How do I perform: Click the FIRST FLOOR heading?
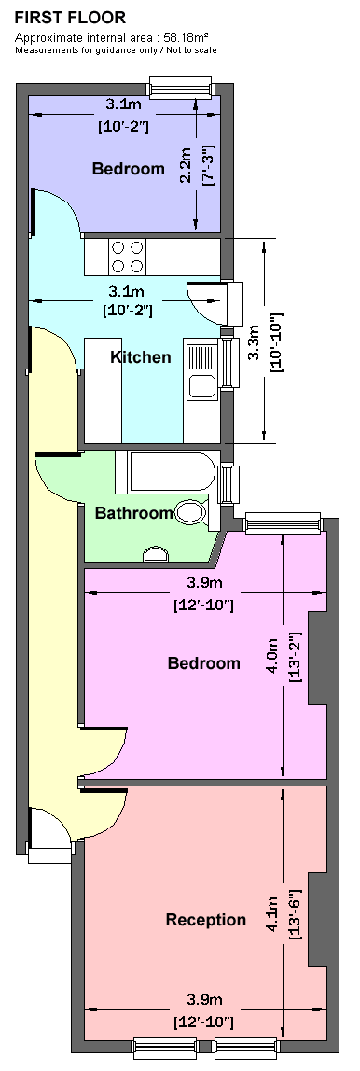(x=70, y=18)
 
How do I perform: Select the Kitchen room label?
(x=141, y=357)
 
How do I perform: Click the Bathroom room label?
(x=134, y=513)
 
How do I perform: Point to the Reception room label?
(x=205, y=919)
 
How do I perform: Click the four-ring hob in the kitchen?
(x=128, y=257)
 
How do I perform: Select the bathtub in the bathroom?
(x=166, y=472)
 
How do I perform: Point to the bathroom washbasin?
(x=157, y=554)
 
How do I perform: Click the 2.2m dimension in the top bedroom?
(x=185, y=167)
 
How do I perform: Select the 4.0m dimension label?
(x=273, y=657)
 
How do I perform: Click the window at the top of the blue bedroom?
(x=181, y=87)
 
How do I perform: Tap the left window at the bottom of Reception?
(x=165, y=1048)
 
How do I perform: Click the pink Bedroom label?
(x=204, y=663)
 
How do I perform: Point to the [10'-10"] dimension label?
(x=277, y=342)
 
